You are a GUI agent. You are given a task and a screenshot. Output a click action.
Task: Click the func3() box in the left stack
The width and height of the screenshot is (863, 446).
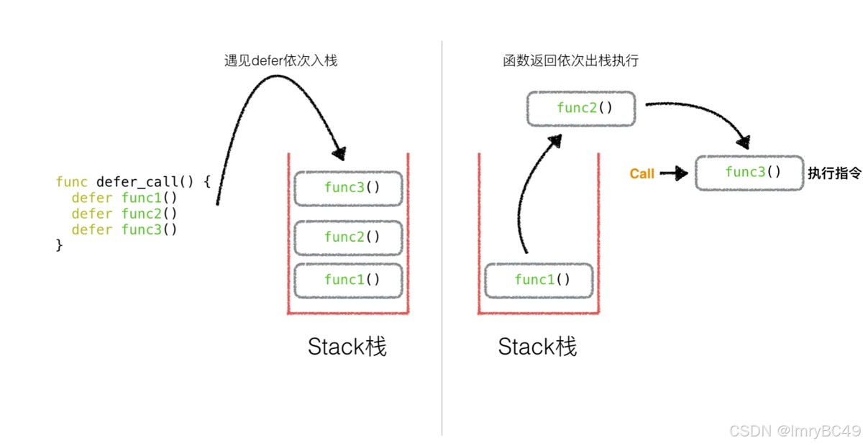[x=348, y=188]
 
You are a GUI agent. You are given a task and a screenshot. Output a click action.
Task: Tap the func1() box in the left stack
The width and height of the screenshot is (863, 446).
[x=348, y=281]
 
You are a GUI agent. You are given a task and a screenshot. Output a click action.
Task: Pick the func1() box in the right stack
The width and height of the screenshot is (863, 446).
[x=539, y=281]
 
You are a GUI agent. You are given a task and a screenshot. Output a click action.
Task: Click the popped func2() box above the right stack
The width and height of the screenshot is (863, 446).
[x=581, y=109]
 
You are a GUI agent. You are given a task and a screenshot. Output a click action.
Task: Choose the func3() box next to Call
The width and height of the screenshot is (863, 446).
[x=749, y=173]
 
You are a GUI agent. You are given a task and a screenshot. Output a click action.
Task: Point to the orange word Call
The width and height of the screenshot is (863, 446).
[x=642, y=174]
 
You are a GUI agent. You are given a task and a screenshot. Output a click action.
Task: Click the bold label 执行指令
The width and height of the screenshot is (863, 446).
[x=834, y=173]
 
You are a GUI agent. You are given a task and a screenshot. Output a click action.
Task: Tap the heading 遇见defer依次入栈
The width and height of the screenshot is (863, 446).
[x=281, y=61]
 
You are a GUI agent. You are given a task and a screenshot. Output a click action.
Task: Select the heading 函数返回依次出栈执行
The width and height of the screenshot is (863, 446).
[x=570, y=61]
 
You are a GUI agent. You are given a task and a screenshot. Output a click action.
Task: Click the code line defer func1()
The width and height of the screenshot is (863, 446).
[x=124, y=198]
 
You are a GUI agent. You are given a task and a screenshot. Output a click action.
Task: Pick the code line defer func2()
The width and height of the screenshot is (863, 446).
[x=124, y=214]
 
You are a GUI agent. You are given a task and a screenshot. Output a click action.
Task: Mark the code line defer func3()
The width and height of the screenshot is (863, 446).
[x=124, y=229]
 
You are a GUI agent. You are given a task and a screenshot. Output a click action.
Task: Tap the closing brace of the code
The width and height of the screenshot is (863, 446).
[x=60, y=246]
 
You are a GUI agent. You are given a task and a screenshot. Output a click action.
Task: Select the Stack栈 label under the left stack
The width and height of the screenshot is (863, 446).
[x=347, y=347]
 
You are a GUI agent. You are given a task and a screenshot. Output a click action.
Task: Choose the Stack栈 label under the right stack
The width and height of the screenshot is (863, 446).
[x=537, y=347]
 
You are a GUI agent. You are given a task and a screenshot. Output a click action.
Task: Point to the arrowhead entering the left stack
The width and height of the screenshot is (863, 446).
[x=338, y=153]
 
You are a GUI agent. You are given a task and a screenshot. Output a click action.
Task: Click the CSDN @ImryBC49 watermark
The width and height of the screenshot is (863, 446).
[x=795, y=431]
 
